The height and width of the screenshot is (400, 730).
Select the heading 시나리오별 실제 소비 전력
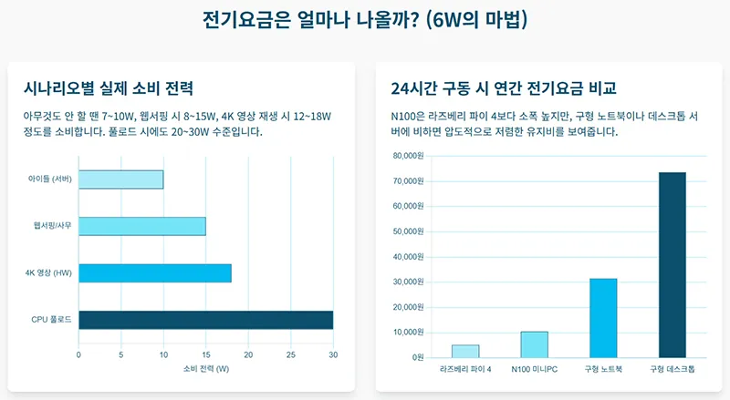click(x=109, y=88)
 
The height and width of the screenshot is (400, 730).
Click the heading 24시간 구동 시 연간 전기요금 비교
click(x=503, y=88)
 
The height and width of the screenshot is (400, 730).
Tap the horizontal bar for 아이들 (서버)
click(x=120, y=179)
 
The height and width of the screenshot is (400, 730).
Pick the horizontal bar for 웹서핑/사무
click(x=141, y=226)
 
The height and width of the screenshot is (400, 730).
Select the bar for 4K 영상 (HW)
click(x=154, y=273)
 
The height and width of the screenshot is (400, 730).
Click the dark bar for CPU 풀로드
click(x=205, y=320)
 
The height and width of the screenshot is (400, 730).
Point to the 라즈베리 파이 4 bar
click(x=465, y=351)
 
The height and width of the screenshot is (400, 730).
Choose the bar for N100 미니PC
click(x=534, y=344)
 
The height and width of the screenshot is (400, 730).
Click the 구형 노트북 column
click(x=603, y=318)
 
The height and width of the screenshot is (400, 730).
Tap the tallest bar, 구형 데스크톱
click(x=672, y=264)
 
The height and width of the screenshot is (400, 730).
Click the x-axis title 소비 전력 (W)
click(x=205, y=369)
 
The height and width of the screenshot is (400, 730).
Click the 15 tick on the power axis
click(x=205, y=354)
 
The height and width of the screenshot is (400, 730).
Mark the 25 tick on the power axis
click(x=290, y=354)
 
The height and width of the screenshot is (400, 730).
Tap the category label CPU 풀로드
click(x=51, y=320)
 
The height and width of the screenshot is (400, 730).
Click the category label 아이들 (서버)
click(x=50, y=179)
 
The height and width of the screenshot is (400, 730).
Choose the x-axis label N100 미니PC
click(x=534, y=369)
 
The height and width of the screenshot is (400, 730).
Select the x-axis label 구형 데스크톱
click(x=672, y=369)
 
